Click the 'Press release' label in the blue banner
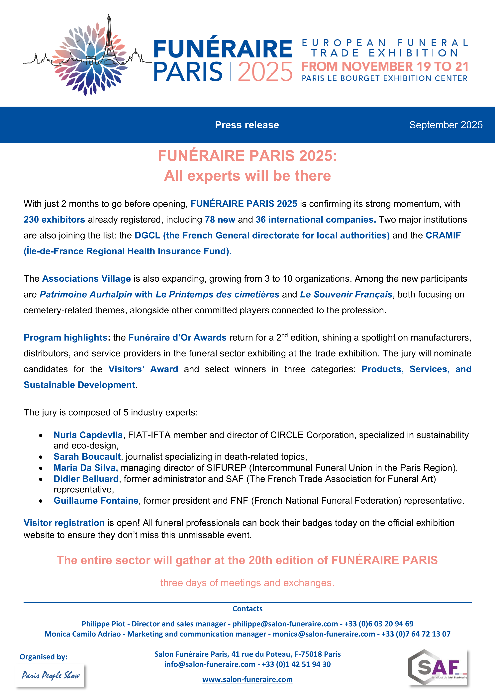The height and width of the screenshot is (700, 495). point(247,125)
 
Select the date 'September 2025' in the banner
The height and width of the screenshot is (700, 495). point(446,125)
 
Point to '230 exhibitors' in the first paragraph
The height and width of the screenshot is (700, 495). point(54,220)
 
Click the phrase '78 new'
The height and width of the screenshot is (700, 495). point(220,220)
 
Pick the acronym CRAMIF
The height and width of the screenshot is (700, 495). point(443,235)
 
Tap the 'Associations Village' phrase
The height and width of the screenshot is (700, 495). point(86,279)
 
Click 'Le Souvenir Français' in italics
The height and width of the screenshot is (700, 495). point(346,295)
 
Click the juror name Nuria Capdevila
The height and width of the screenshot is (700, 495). point(88,435)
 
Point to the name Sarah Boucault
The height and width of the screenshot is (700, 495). point(87,457)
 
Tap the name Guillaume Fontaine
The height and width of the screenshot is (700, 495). point(96,501)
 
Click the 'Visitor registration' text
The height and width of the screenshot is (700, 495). point(64,523)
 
